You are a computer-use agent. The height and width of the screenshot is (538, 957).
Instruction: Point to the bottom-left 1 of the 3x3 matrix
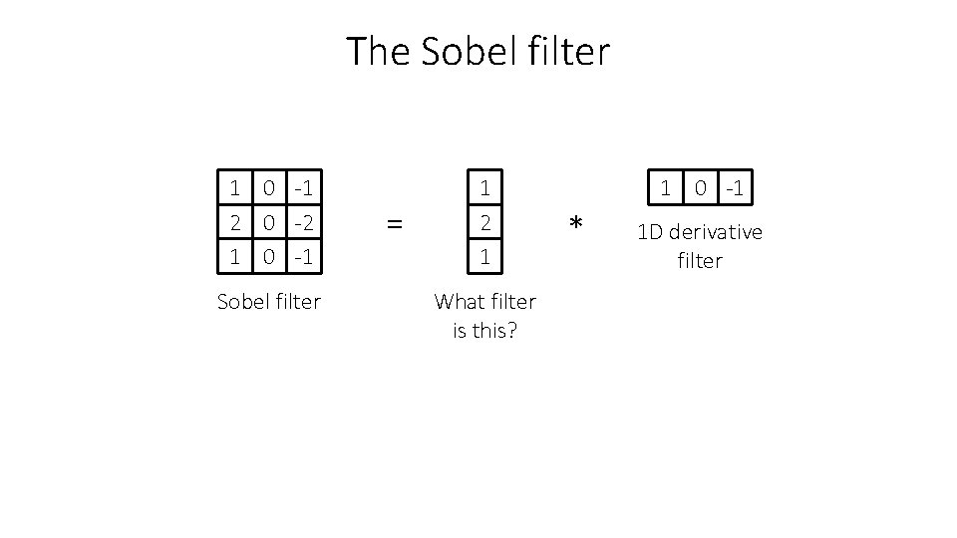(234, 256)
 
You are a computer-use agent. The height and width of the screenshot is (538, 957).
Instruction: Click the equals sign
(395, 225)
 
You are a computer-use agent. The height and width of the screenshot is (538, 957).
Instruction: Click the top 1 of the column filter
(485, 187)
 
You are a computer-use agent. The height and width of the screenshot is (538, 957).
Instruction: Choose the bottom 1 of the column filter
(485, 256)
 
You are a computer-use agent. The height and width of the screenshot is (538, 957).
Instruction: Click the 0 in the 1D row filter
(701, 187)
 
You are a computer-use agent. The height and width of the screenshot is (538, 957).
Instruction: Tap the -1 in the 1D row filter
(735, 187)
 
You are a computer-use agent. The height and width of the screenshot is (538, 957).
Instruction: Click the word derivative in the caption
(716, 232)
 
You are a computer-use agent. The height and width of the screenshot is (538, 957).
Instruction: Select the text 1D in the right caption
(651, 232)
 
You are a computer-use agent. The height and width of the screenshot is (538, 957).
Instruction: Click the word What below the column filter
(460, 301)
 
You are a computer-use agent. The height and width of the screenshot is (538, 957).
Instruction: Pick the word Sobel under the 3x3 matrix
(242, 301)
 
